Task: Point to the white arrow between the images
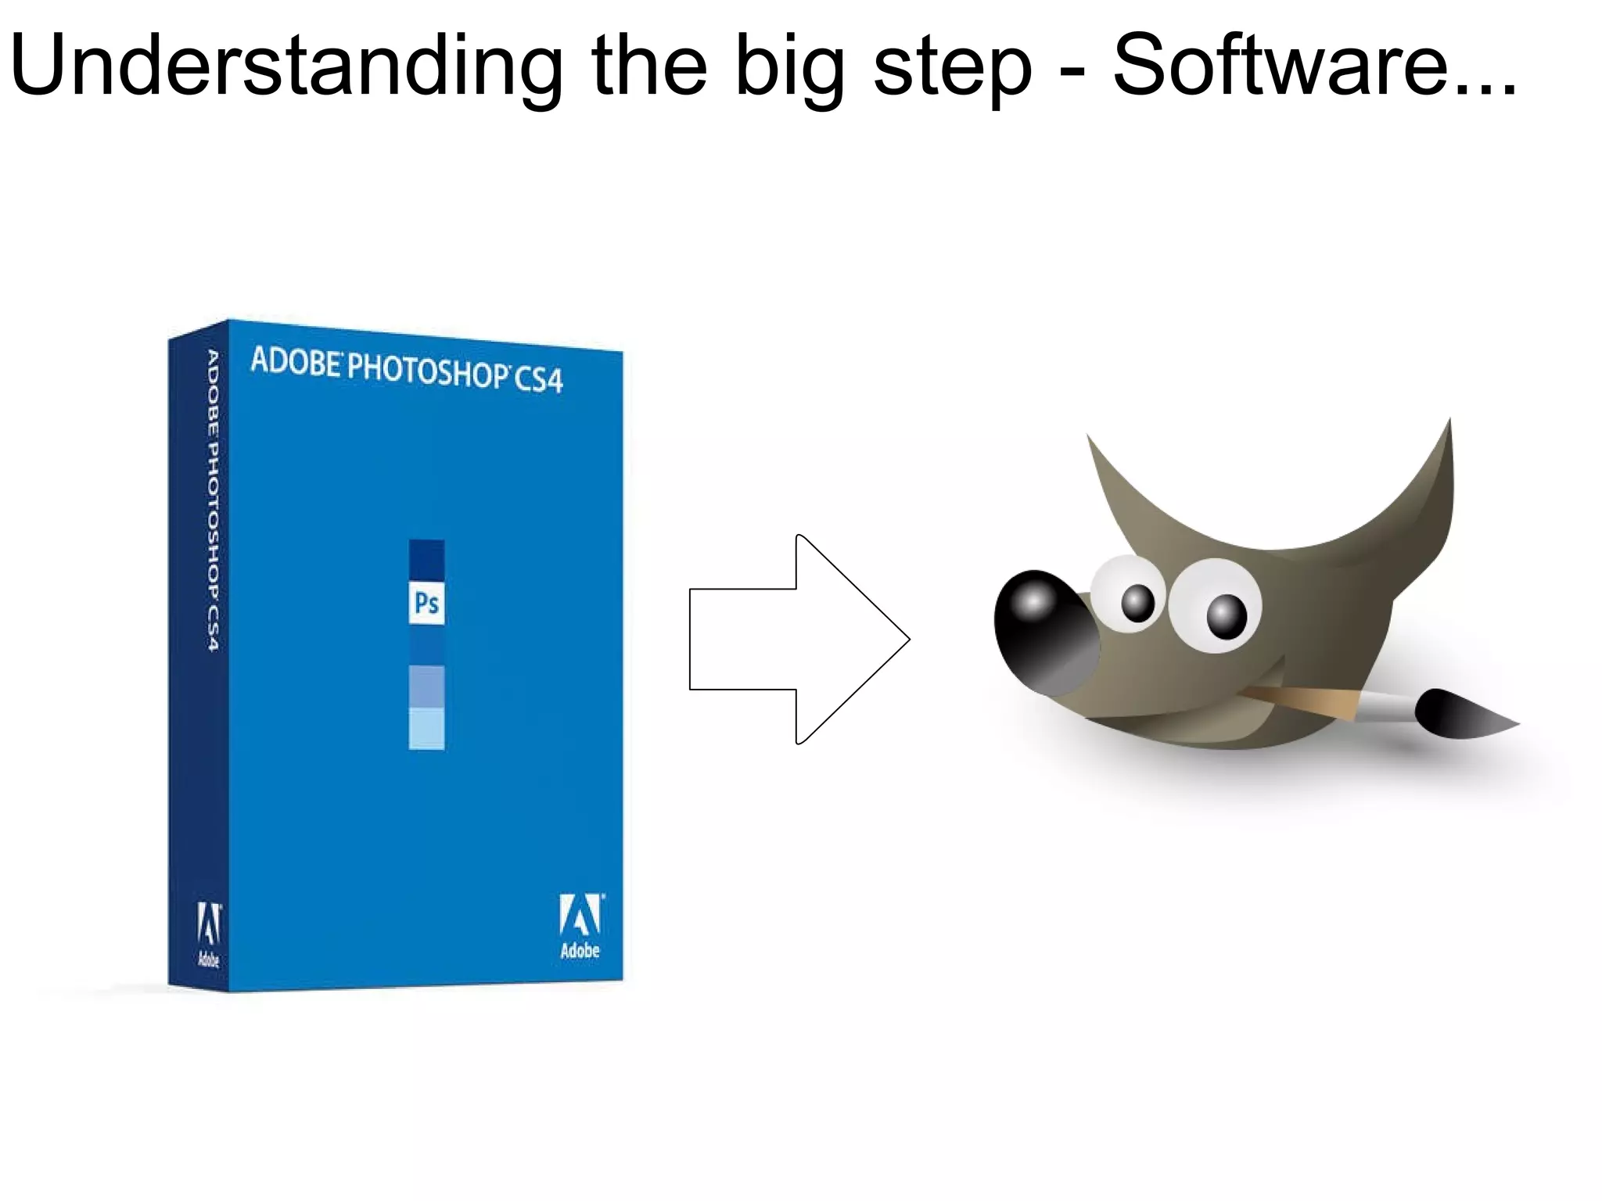click(x=798, y=639)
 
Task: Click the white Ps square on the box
click(x=426, y=603)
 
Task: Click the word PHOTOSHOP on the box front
click(x=427, y=370)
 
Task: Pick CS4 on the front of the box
click(x=538, y=379)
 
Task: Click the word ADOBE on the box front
click(x=296, y=361)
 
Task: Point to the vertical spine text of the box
click(x=212, y=500)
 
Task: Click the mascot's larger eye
click(x=1216, y=604)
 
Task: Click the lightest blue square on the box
click(x=426, y=729)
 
